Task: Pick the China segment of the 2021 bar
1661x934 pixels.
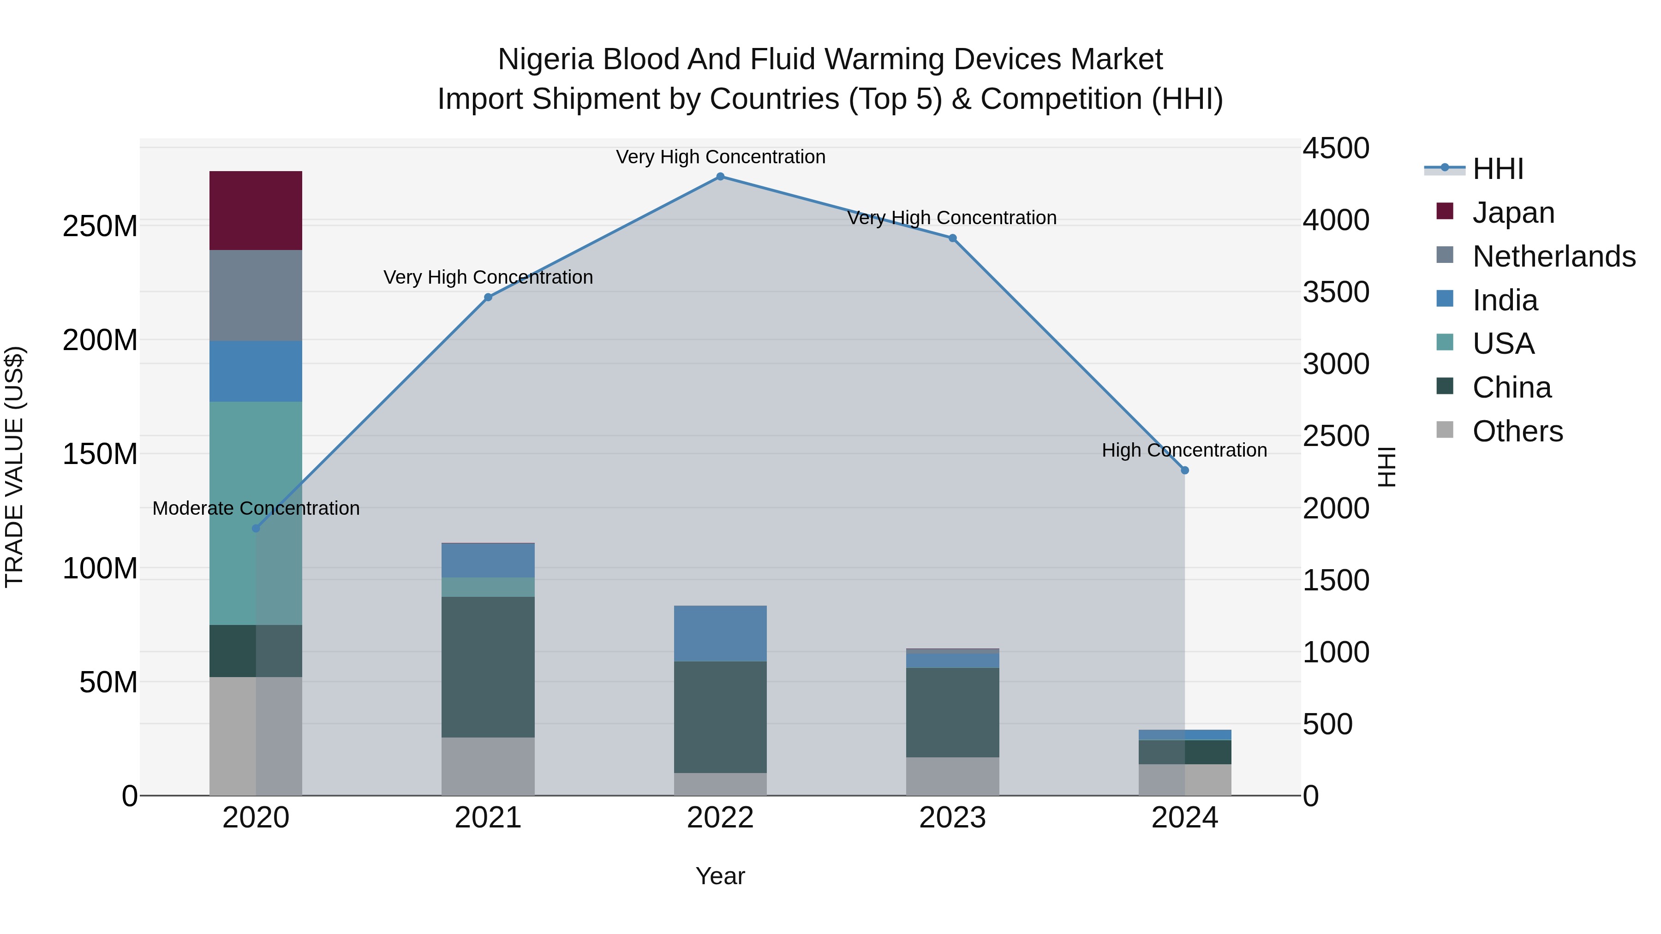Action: (488, 666)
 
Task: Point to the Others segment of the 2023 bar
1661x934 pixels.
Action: (952, 776)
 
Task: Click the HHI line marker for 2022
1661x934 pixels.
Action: (720, 177)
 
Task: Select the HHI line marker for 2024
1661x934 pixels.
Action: (1184, 470)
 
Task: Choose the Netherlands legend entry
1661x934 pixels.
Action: (1554, 256)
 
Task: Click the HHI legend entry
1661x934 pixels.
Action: (1498, 169)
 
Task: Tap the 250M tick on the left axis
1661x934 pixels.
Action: (100, 226)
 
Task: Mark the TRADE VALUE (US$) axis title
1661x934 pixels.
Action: (14, 467)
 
